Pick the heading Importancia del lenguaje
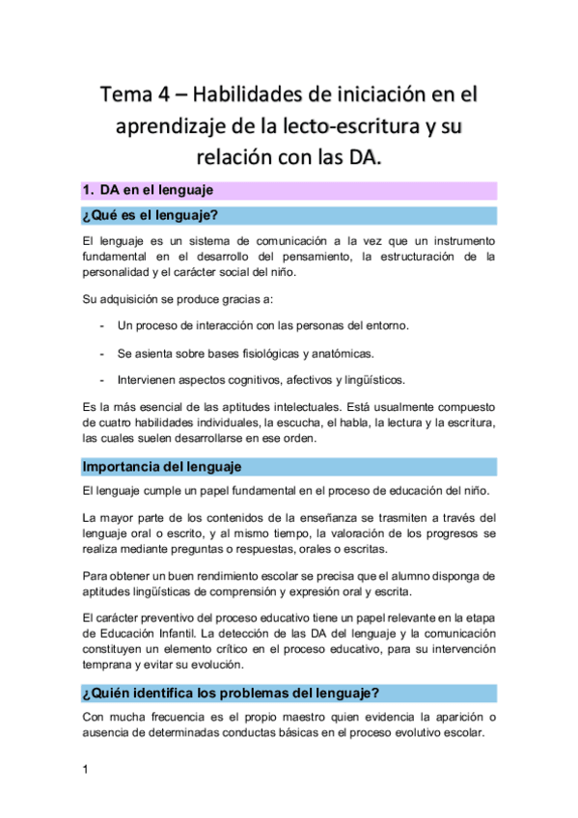click(x=161, y=467)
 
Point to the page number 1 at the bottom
click(x=86, y=770)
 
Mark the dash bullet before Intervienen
click(x=102, y=379)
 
